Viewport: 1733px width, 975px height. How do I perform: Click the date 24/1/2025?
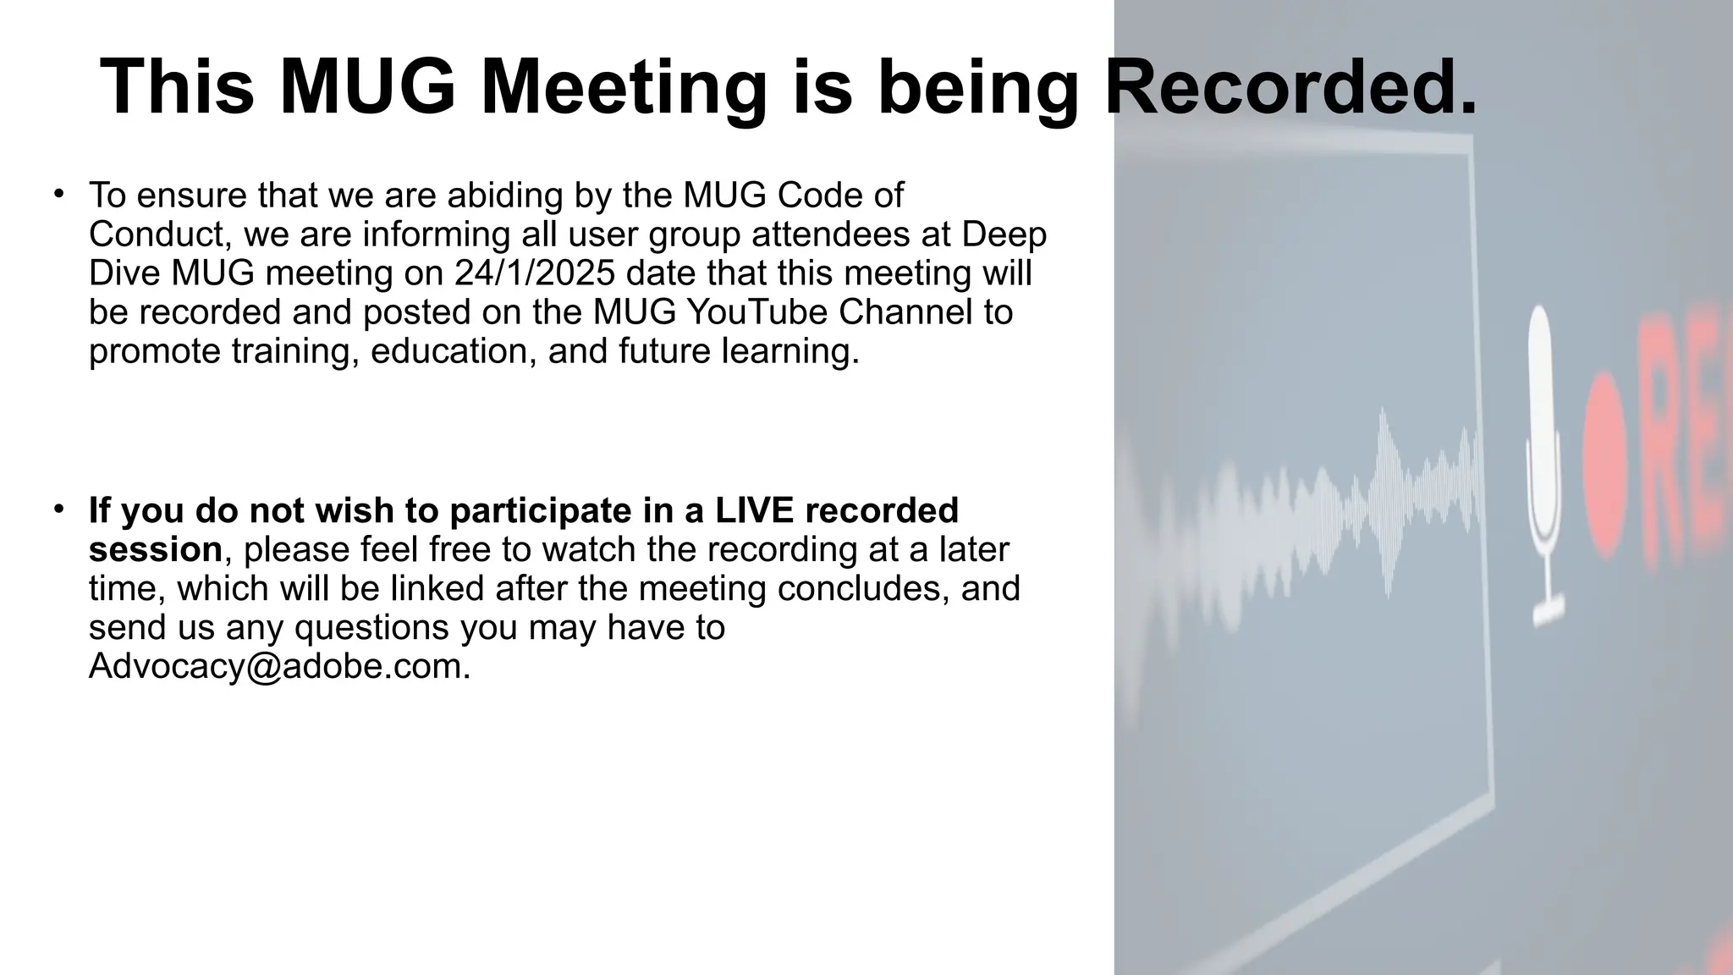[x=534, y=273]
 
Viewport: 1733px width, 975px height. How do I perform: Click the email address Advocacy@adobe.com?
[x=279, y=666]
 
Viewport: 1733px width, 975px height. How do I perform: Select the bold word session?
[x=155, y=549]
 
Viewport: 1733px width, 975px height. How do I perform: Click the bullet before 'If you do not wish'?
[x=58, y=509]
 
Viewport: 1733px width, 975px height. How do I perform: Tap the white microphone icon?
[x=1543, y=465]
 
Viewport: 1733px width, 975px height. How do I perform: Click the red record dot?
[x=1604, y=465]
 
